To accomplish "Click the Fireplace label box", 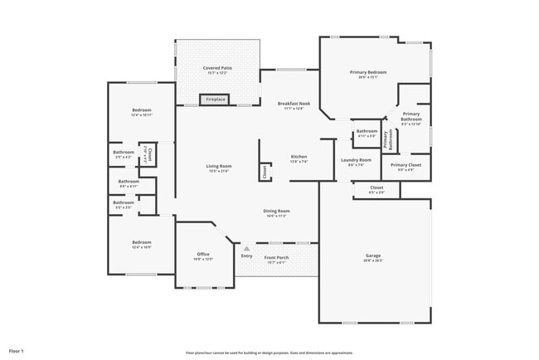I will [x=216, y=100].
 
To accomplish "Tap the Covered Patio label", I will [x=217, y=71].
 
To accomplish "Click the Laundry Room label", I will [x=357, y=162].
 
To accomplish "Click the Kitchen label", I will [x=299, y=158].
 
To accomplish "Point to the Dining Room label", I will [x=275, y=213].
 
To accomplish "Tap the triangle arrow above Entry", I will [x=246, y=247].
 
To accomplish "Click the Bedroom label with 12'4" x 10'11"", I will [x=141, y=112].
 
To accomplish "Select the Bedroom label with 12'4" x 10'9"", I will [x=141, y=245].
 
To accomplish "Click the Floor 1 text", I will [x=17, y=352].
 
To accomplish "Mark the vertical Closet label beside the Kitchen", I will [x=265, y=172].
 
